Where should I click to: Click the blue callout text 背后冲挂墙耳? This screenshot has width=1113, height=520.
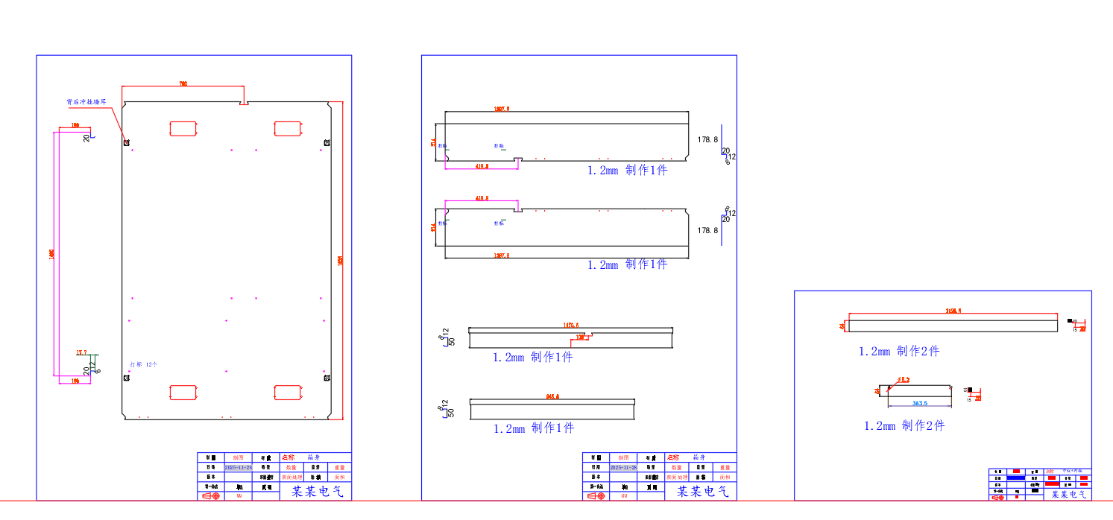point(86,101)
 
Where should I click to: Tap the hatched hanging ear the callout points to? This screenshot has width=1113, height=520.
point(127,142)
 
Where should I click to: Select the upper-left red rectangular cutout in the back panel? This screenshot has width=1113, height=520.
point(182,128)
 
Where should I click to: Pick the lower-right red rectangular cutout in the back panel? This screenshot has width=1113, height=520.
point(286,393)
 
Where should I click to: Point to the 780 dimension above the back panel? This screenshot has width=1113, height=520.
point(183,84)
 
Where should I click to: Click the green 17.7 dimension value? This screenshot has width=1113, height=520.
point(81,352)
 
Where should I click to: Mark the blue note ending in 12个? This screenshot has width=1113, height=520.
point(144,364)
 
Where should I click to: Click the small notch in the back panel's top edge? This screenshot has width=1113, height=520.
point(244,103)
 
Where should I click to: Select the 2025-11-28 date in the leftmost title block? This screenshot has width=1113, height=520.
point(238,467)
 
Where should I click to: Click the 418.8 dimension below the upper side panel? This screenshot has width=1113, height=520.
point(482,166)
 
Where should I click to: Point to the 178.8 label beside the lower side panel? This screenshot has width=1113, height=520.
point(707,231)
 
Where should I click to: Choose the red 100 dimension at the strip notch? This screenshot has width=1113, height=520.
point(580,337)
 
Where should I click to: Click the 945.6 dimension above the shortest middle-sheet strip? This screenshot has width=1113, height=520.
point(552,397)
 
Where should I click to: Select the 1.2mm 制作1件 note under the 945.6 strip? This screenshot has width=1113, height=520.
point(534,428)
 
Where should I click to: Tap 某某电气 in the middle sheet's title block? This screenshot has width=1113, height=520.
point(702,492)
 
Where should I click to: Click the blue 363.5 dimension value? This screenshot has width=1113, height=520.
point(920,403)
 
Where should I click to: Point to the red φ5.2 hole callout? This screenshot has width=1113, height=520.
point(902,380)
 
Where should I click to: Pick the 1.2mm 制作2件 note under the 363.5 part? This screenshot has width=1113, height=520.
point(904,426)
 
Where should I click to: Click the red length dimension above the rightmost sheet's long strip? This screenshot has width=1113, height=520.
point(953,311)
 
